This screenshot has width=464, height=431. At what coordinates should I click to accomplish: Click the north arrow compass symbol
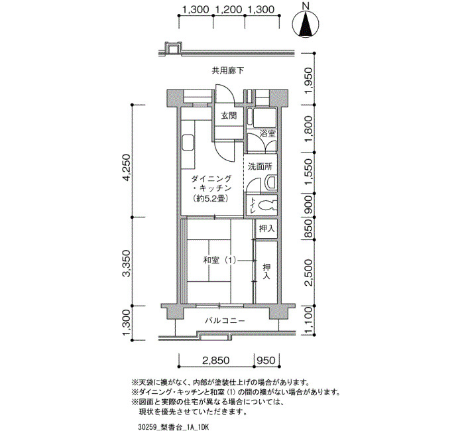(306, 22)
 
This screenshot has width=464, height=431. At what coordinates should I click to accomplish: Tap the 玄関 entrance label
(229, 115)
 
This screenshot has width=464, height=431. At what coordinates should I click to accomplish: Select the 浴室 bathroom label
(268, 133)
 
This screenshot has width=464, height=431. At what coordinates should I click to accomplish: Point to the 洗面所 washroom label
(260, 166)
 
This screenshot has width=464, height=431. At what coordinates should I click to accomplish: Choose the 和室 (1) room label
(220, 261)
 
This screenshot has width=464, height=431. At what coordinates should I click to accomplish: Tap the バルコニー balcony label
(225, 321)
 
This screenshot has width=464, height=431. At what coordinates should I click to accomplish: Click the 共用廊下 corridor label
(228, 71)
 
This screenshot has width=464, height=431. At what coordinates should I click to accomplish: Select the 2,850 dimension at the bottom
(216, 361)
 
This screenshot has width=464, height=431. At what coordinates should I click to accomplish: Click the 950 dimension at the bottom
(266, 361)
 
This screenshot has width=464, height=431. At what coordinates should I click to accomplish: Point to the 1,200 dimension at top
(229, 10)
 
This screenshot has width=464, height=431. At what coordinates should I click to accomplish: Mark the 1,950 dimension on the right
(308, 80)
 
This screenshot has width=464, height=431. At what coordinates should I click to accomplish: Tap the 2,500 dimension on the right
(308, 273)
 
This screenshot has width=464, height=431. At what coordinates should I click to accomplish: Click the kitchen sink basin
(188, 143)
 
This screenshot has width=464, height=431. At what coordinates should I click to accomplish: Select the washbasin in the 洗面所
(270, 182)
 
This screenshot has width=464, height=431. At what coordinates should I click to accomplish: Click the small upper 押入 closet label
(267, 229)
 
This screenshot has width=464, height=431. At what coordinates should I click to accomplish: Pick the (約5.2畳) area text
(210, 199)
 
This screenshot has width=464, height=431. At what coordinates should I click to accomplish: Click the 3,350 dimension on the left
(127, 263)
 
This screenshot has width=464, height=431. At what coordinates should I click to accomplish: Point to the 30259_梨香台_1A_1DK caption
(174, 427)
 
